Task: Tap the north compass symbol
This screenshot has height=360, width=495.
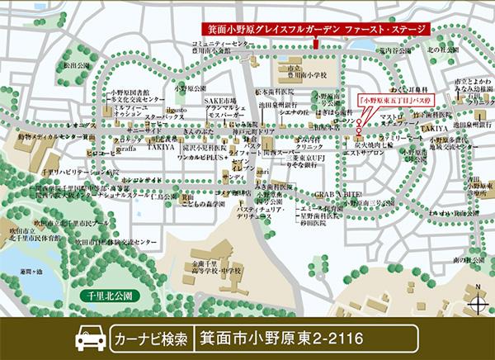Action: point(476,299)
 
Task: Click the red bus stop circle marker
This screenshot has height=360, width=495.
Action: point(361,124)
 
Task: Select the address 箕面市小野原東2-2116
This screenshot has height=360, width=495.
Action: point(280,339)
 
